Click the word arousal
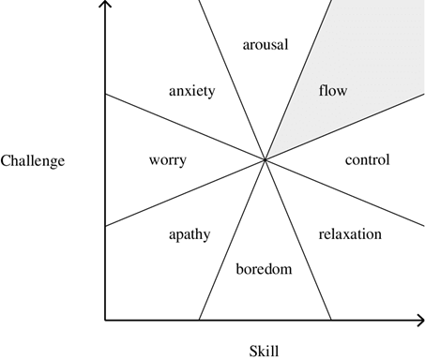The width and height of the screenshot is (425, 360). pos(265,44)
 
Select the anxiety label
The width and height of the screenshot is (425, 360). pos(191,91)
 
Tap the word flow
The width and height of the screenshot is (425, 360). pos(332,91)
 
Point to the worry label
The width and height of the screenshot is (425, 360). pos(167,159)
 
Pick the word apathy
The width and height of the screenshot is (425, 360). pos(189,233)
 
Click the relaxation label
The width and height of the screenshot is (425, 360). pos(350,233)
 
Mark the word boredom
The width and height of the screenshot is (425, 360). pos(264,269)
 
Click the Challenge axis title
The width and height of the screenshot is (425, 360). pos(33,160)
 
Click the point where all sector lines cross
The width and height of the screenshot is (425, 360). pos(266,160)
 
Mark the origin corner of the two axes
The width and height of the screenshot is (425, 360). pos(105,320)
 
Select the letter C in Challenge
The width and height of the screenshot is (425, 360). pos(6,160)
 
